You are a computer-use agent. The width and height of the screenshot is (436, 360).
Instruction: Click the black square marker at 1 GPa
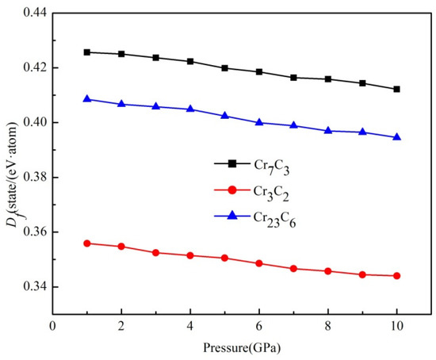click(86, 52)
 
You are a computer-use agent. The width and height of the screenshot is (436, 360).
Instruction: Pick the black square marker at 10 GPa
click(396, 89)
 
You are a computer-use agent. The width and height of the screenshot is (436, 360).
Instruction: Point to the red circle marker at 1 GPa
click(86, 243)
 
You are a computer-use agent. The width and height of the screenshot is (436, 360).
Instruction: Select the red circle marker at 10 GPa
click(396, 276)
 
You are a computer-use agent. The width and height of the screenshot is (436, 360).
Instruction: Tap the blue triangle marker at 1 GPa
click(86, 99)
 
